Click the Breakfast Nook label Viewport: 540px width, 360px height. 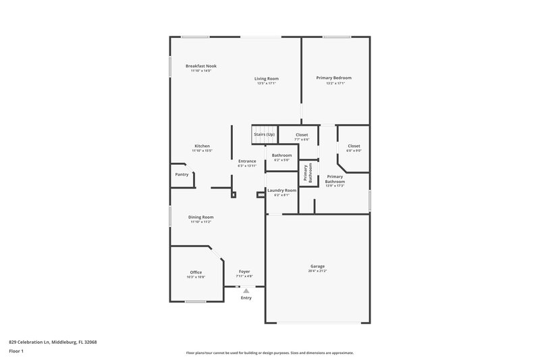(201, 66)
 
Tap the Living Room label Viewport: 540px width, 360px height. (267, 78)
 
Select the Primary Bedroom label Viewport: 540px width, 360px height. (334, 78)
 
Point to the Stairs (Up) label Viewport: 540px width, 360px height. (264, 134)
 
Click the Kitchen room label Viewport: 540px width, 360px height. (202, 146)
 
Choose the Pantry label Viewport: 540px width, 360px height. (182, 174)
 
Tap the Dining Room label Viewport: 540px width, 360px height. (200, 217)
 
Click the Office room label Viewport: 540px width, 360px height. (196, 272)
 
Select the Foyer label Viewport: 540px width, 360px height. (244, 272)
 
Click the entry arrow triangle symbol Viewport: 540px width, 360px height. (246, 291)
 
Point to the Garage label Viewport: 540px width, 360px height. (317, 266)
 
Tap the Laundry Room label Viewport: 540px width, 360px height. (281, 190)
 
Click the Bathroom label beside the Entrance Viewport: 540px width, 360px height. (281, 155)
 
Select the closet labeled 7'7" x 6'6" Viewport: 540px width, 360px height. (302, 139)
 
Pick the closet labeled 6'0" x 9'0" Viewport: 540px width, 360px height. (354, 151)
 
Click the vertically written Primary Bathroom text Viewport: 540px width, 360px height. (306, 173)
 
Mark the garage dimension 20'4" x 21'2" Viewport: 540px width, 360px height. (317, 271)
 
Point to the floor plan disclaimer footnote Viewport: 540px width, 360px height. (269, 353)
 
